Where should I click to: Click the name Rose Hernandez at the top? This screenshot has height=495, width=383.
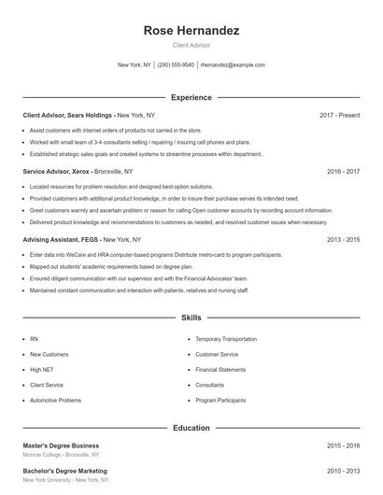point(191,31)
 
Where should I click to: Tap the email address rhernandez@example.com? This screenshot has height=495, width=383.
point(233,65)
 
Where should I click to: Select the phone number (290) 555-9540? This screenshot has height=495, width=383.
point(176,65)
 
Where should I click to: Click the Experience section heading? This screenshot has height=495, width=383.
point(191,97)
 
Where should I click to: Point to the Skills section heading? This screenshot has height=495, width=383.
point(191,318)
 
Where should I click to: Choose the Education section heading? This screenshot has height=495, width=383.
point(191,428)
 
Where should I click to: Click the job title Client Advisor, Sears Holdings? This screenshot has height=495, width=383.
point(67,115)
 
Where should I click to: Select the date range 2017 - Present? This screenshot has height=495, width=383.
point(339,115)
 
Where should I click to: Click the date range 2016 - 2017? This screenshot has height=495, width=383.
point(343,172)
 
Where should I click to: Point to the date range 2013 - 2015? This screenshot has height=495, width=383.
point(343,239)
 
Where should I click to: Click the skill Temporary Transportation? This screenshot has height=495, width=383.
point(226,339)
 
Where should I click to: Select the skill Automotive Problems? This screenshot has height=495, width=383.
point(55,400)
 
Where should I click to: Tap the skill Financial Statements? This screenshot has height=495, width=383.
point(220,370)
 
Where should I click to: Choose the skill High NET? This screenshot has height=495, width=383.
point(42,370)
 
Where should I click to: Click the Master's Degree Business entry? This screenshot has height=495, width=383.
point(61,445)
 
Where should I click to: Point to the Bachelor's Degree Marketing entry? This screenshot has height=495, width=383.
point(64,471)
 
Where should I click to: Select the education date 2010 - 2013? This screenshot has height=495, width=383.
point(343,471)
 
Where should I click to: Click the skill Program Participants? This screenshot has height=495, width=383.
point(220,400)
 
